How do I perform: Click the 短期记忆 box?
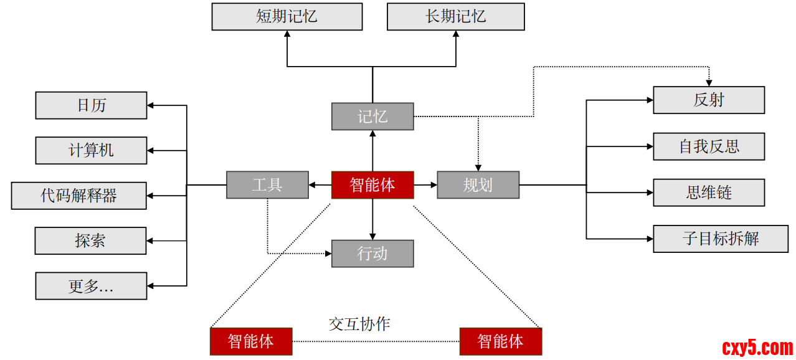pyautogui.click(x=287, y=16)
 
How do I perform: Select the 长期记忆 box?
pyautogui.click(x=456, y=16)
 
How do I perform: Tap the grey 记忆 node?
pyautogui.click(x=372, y=116)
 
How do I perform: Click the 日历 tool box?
pyautogui.click(x=91, y=105)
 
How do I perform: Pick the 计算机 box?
pyautogui.click(x=91, y=150)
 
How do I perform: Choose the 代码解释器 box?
pyautogui.click(x=79, y=196)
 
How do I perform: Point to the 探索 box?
pyautogui.click(x=90, y=240)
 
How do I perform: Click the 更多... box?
pyautogui.click(x=91, y=286)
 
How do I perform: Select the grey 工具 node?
pyautogui.click(x=267, y=185)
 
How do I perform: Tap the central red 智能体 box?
pyautogui.click(x=372, y=185)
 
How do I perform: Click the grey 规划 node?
pyautogui.click(x=478, y=185)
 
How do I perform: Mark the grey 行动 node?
pyautogui.click(x=372, y=253)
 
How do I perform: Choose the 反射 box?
pyautogui.click(x=709, y=100)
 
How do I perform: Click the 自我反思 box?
pyautogui.click(x=709, y=146)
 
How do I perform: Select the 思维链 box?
pyautogui.click(x=709, y=192)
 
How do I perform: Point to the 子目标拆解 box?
pyautogui.click(x=721, y=239)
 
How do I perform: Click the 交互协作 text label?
pyautogui.click(x=359, y=324)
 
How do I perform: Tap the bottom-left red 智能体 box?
pyautogui.click(x=250, y=341)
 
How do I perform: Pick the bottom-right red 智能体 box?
pyautogui.click(x=500, y=341)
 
